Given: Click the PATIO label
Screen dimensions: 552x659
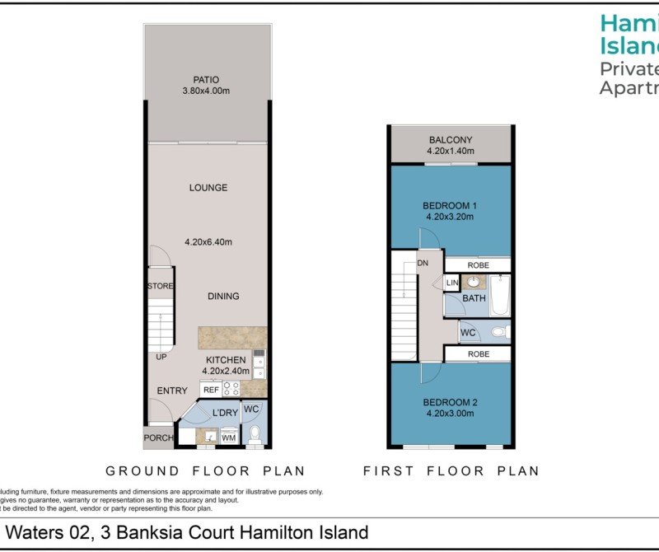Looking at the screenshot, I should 207,80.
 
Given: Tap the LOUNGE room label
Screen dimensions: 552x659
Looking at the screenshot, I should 208,188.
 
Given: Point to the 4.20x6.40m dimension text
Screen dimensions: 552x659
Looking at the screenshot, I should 208,242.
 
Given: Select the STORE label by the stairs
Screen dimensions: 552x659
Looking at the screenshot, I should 159,286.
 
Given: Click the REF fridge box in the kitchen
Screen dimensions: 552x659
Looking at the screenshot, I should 211,390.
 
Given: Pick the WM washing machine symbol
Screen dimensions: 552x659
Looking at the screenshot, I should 228,438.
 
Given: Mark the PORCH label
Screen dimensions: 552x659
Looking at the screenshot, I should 158,438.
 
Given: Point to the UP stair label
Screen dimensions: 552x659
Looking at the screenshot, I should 161,358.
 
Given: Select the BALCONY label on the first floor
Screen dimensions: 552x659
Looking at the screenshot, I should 450,140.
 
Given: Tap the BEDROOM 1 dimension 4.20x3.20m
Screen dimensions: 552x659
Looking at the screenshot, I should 450,217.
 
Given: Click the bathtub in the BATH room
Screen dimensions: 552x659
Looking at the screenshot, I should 499,298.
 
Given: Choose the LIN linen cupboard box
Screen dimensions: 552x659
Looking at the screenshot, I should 451,283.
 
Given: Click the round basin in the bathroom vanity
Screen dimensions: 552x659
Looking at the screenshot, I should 474,283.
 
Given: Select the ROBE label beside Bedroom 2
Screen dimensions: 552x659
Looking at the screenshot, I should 478,354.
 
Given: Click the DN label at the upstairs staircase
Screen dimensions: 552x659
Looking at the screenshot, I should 423,263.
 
